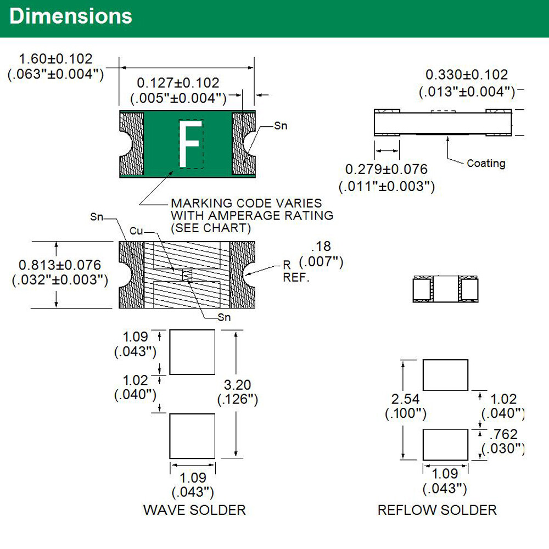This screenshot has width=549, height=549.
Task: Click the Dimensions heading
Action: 71,17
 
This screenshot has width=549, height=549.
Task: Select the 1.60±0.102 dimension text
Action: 55,59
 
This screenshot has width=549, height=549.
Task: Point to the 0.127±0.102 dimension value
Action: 178,83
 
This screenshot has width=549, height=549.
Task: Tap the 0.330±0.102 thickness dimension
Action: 467,75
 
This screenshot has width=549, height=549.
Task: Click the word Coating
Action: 486,163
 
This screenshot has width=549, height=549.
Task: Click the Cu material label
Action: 136,231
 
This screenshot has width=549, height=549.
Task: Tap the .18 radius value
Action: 321,247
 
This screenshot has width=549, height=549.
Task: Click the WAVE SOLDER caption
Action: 194,509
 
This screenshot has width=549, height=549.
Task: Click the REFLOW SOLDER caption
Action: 437,510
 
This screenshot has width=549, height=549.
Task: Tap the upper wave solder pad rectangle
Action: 192,352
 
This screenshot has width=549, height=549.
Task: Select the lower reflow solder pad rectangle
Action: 445,445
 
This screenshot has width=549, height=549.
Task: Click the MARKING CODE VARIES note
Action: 247,203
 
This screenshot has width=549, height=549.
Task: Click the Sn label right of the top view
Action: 281,126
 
